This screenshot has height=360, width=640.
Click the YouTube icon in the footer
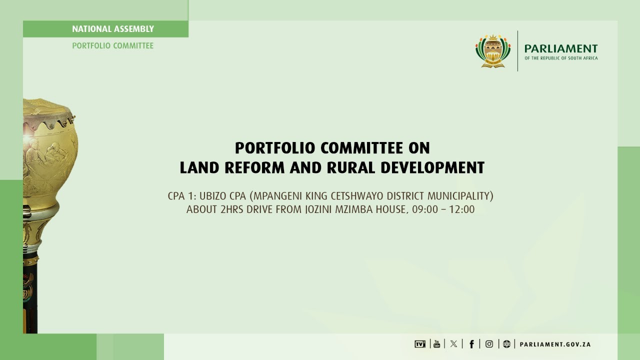pyautogui.click(x=436, y=343)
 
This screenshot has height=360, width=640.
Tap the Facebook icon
pyautogui.click(x=471, y=343)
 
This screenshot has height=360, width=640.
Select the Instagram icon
pyautogui.click(x=489, y=343)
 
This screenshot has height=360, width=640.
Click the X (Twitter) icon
pyautogui.click(x=453, y=343)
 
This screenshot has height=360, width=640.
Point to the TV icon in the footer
pyautogui.click(x=419, y=343)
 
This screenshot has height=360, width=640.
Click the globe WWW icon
pyautogui.click(x=506, y=343)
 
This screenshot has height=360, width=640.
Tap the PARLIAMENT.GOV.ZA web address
pyautogui.click(x=555, y=344)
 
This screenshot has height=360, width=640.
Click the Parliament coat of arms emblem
pyautogui.click(x=493, y=51)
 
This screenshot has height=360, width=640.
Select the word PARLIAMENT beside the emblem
pyautogui.click(x=560, y=48)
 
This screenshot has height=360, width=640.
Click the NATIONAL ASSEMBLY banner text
pyautogui.click(x=113, y=29)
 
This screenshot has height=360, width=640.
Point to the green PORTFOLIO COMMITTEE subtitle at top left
pyautogui.click(x=113, y=45)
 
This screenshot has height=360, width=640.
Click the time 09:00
pyautogui.click(x=423, y=209)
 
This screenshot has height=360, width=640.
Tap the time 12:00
pyautogui.click(x=461, y=209)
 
